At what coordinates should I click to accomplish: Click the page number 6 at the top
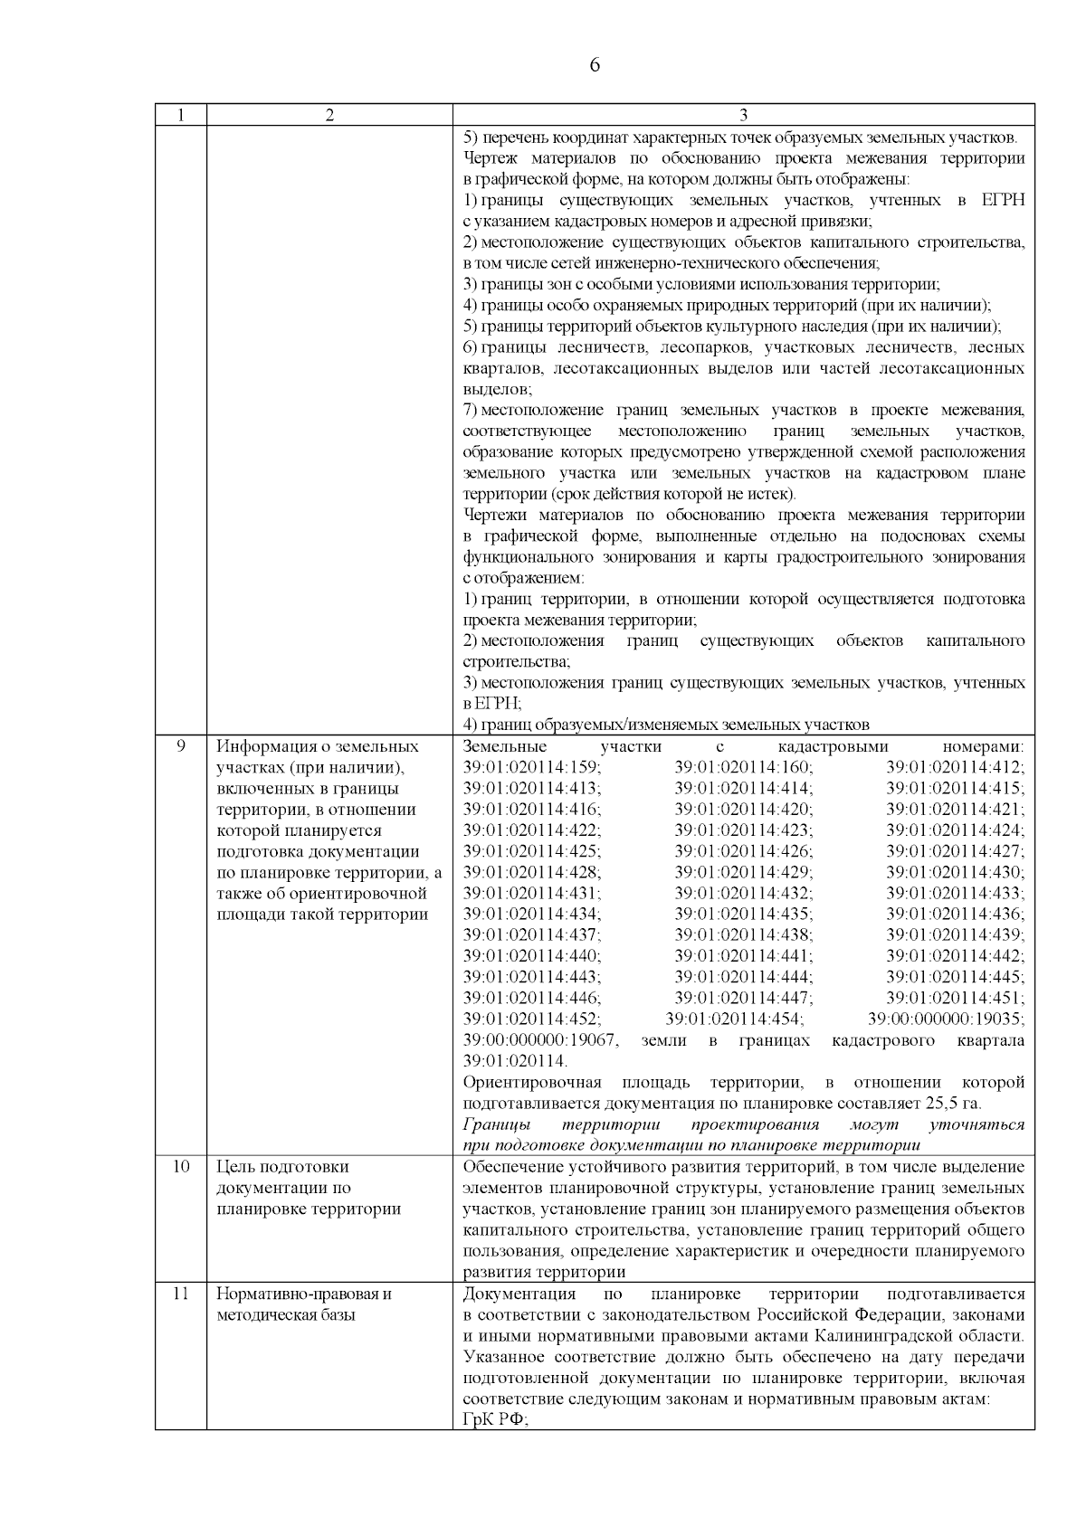tap(594, 65)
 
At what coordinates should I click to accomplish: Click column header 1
tap(180, 115)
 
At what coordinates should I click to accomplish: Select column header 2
tap(329, 115)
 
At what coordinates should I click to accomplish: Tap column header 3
tap(743, 115)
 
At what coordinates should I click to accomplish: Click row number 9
tap(180, 746)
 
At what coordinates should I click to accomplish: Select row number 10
tap(180, 1166)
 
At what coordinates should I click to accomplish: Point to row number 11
tap(180, 1294)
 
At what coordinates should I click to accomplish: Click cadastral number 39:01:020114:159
tap(531, 767)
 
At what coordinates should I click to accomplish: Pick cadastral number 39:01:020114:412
tap(955, 767)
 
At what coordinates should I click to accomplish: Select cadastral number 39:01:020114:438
tap(743, 934)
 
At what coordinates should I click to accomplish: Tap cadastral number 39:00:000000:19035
tap(946, 1019)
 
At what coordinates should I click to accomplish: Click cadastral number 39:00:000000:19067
tap(540, 1040)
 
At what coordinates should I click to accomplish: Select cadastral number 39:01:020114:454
tap(734, 1019)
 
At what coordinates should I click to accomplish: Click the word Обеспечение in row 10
tap(507, 1167)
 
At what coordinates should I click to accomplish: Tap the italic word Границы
tap(495, 1124)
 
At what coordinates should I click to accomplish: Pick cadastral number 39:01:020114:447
tap(743, 998)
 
